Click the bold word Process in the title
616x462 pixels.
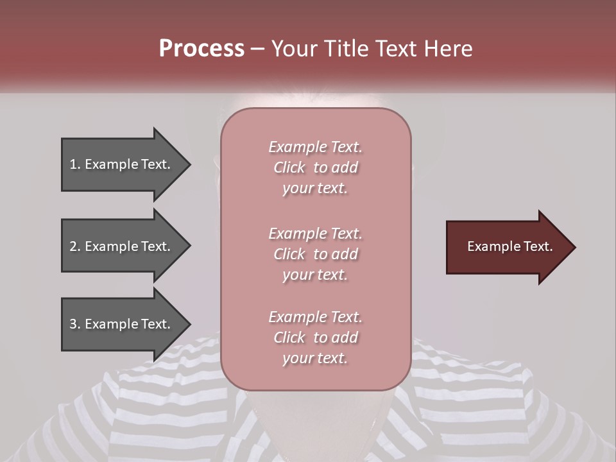click(x=201, y=49)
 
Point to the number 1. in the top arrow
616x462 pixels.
click(x=74, y=164)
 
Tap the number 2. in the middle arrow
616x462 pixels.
click(x=74, y=246)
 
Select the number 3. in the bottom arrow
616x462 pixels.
click(x=74, y=324)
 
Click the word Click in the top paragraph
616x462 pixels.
click(x=289, y=167)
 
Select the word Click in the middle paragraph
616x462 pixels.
click(x=289, y=254)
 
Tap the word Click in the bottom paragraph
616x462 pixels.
click(x=289, y=338)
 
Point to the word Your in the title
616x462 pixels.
click(x=295, y=49)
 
